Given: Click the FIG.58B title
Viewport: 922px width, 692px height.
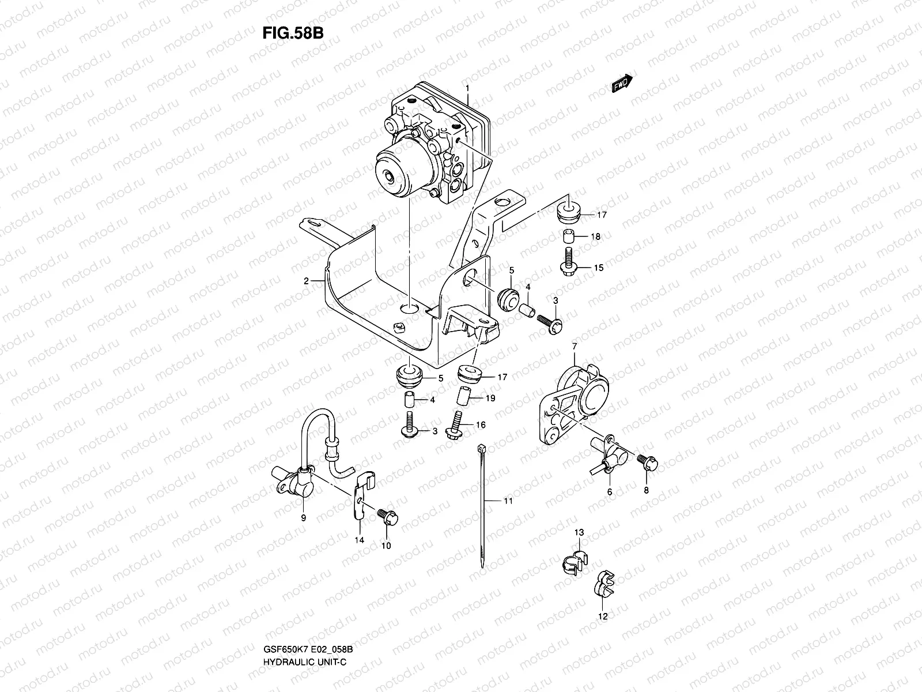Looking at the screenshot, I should [x=293, y=33].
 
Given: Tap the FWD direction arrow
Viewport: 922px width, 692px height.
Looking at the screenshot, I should [x=622, y=84].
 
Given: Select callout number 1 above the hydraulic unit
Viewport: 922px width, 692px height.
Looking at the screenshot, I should [x=468, y=88].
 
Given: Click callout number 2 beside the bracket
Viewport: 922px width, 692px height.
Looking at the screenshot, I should [x=307, y=281].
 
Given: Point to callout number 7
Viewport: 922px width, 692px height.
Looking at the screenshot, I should [x=574, y=346].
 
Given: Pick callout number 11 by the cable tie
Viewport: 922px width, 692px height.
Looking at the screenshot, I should [x=507, y=501].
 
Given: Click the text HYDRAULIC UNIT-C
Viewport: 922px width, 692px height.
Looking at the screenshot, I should [x=302, y=660].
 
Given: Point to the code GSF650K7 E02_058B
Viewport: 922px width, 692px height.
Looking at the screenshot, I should [x=307, y=649].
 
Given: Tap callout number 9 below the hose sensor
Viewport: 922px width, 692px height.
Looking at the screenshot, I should [x=303, y=518].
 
